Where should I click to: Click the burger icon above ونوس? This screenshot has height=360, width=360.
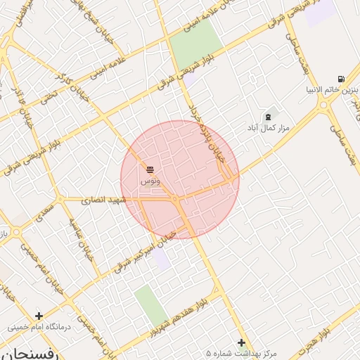[x=150, y=169]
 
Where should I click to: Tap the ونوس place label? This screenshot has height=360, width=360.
[x=150, y=181]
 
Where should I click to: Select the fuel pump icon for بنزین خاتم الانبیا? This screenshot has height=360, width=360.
[x=341, y=79]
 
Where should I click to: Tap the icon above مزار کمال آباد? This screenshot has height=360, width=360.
[x=267, y=116]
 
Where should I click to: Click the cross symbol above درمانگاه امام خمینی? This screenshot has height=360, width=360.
[x=39, y=316]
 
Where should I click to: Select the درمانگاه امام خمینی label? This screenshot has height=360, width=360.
[x=39, y=327]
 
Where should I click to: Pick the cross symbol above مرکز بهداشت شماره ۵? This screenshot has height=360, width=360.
[x=242, y=342]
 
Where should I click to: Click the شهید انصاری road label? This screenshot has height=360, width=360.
[x=103, y=200]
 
